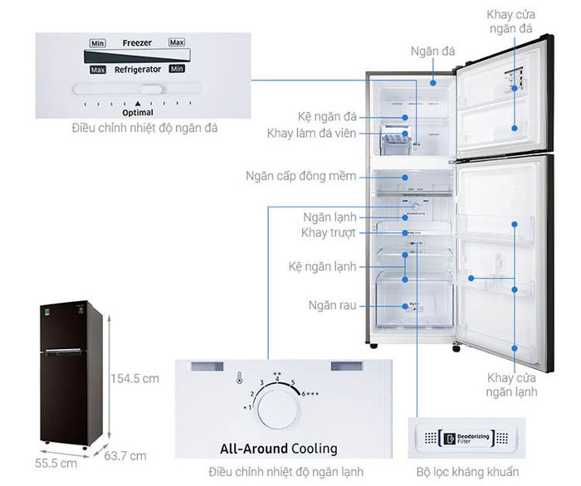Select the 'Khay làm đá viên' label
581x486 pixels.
[x=312, y=134]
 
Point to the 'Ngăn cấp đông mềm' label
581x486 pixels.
[x=300, y=177]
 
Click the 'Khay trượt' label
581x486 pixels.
[x=329, y=233]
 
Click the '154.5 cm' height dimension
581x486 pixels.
[x=135, y=379]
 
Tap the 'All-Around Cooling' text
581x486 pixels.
[x=278, y=449]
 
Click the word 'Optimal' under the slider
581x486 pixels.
[x=138, y=111]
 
